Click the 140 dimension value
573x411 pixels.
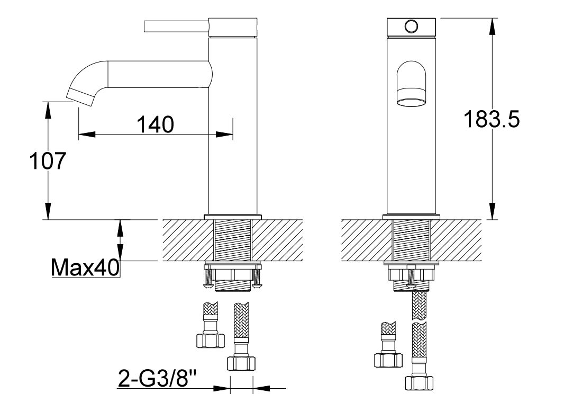[x=156, y=124]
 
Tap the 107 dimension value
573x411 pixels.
[x=48, y=160]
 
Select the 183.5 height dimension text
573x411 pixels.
[x=492, y=119]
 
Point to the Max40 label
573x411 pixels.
[x=85, y=267]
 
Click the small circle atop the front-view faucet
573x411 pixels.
[x=411, y=26]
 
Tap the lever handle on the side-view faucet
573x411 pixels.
[x=177, y=26]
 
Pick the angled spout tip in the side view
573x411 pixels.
[x=81, y=97]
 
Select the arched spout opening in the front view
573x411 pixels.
[x=411, y=84]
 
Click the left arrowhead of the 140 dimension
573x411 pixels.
[x=87, y=134]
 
